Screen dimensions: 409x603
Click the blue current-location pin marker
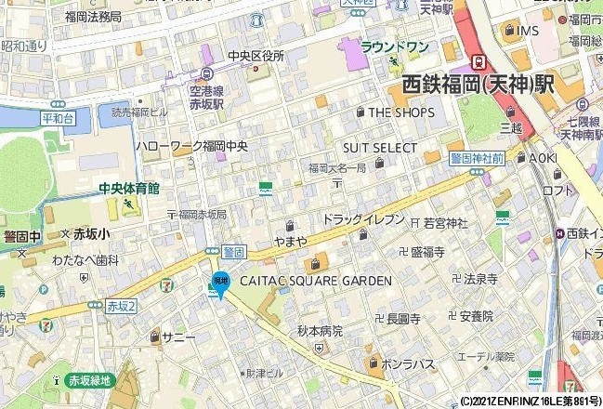pos(220,283)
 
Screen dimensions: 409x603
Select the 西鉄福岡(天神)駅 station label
pos(478,85)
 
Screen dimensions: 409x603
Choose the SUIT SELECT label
pos(380,148)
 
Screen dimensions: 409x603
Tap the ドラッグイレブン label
pos(363,219)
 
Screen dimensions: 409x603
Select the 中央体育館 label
pos(129,189)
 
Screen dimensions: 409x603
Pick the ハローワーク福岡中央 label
pos(191,146)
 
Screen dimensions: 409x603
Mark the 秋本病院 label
pos(320,331)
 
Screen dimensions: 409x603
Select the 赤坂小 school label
pos(91,234)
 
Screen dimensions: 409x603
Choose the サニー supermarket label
pos(178,336)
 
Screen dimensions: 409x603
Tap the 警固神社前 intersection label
pos(477,159)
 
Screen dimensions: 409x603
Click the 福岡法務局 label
pos(93,17)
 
